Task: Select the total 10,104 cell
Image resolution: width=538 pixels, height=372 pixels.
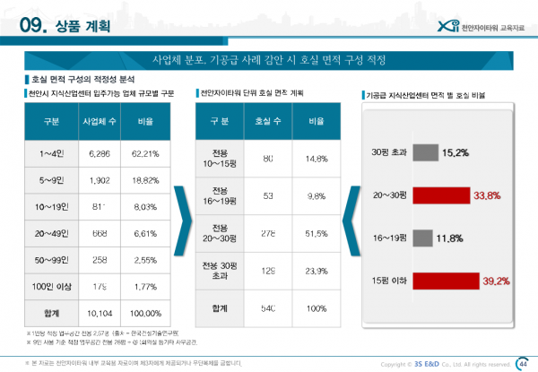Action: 100,315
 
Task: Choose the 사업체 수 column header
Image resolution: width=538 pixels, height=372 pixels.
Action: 100,119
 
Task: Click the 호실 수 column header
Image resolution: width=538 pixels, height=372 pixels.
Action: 267,119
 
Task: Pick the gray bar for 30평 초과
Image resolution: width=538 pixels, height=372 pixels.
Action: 427,152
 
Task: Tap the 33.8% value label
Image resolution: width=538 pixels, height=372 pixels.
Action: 487,195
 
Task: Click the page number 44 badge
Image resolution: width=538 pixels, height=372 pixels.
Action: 523,362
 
